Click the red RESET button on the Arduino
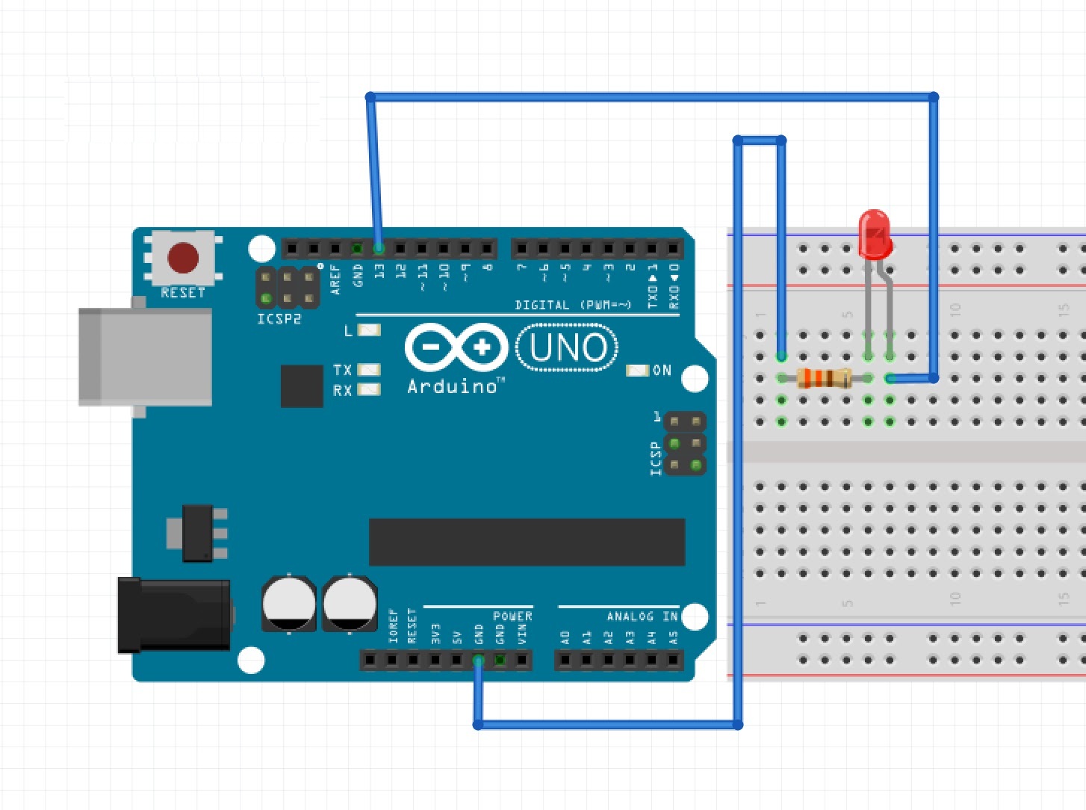coord(183,258)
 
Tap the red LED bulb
coord(875,233)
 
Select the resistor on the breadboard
coord(824,378)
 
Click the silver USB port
coord(145,356)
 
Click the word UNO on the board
coord(568,347)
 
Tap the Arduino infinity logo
coord(456,347)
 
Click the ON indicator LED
coord(637,371)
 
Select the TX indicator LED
coord(369,370)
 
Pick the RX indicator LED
coord(369,389)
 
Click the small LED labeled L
coord(369,330)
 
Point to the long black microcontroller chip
coord(527,542)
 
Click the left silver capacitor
coord(289,602)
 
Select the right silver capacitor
coord(350,602)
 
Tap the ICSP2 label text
coord(279,319)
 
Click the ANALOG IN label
coord(642,616)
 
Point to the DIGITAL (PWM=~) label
coord(573,305)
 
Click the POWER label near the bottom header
coord(512,616)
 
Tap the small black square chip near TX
coord(302,386)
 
